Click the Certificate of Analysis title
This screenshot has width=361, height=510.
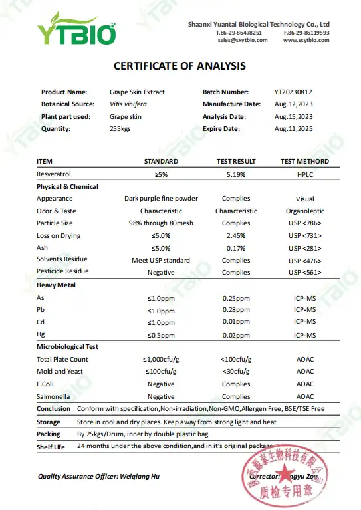pos(180,66)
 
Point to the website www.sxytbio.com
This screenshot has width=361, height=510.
pos(306,40)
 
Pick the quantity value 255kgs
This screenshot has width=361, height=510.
pos(120,128)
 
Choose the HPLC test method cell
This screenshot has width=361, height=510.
pos(304,174)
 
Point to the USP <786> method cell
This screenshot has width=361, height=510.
pos(304,223)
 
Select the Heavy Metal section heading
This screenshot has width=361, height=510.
pos(57,285)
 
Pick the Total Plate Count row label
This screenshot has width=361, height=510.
pos(62,360)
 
